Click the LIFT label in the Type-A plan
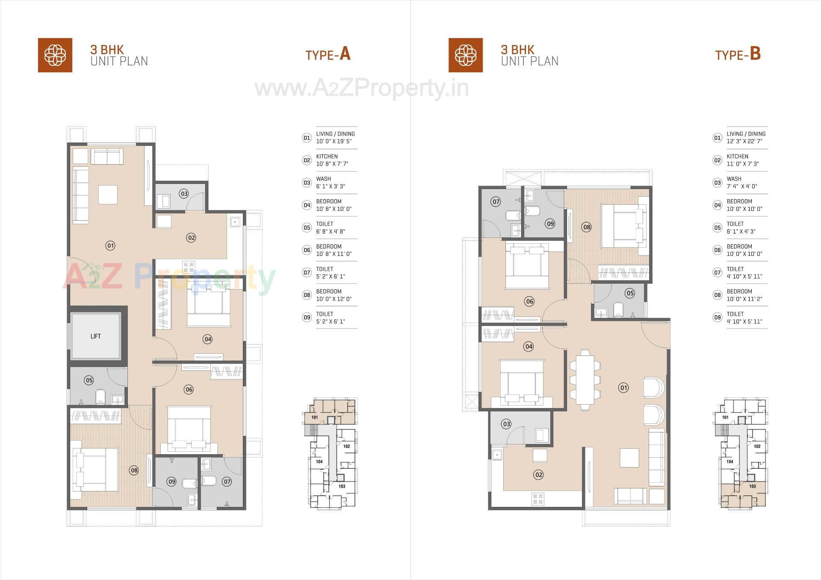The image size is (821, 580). click(95, 336)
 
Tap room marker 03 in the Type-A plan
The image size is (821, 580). click(184, 194)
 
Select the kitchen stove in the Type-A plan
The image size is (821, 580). click(189, 267)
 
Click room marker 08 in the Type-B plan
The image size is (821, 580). click(586, 227)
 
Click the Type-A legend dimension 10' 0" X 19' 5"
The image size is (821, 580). click(334, 141)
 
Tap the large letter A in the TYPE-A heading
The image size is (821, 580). click(345, 54)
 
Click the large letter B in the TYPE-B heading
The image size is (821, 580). click(755, 54)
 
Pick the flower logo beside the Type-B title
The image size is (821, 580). click(465, 55)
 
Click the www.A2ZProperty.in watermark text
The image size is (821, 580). click(362, 89)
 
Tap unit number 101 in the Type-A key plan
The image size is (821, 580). click(314, 417)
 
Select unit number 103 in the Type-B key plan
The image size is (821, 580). click(752, 486)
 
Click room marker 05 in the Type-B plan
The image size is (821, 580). click(629, 293)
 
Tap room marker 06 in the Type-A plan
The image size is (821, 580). click(189, 389)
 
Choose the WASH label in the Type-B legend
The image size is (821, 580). click(734, 179)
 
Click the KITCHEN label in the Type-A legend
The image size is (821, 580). click(327, 157)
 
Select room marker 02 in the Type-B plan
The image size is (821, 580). click(538, 475)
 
